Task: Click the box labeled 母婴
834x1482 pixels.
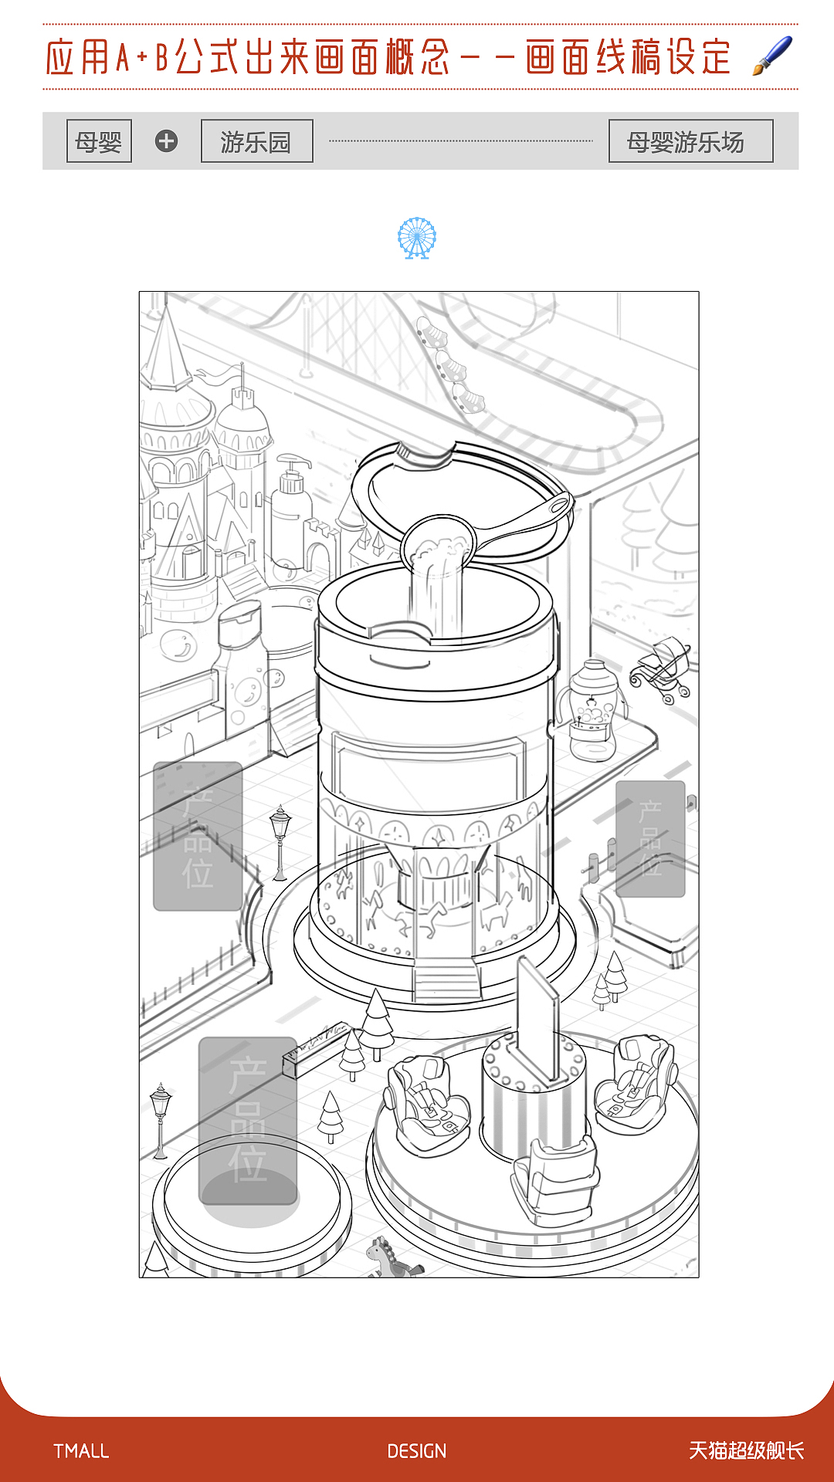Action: pyautogui.click(x=99, y=141)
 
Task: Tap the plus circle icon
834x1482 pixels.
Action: pyautogui.click(x=166, y=141)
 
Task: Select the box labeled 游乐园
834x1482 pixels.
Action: pyautogui.click(x=256, y=141)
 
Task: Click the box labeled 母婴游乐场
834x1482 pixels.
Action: pyautogui.click(x=690, y=141)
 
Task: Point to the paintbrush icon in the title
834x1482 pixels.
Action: pyautogui.click(x=773, y=56)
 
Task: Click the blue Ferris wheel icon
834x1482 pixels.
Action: pyautogui.click(x=417, y=238)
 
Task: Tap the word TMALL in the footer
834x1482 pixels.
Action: pyautogui.click(x=81, y=1451)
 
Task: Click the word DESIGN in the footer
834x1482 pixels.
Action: pyautogui.click(x=417, y=1451)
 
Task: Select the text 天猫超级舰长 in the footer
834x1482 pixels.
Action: pyautogui.click(x=746, y=1451)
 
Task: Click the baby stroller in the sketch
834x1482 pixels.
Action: pyautogui.click(x=663, y=670)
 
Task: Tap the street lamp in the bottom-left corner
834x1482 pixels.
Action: pyautogui.click(x=161, y=1119)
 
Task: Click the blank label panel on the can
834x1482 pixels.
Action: pyautogui.click(x=429, y=772)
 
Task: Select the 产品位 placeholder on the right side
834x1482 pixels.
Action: pyautogui.click(x=650, y=838)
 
